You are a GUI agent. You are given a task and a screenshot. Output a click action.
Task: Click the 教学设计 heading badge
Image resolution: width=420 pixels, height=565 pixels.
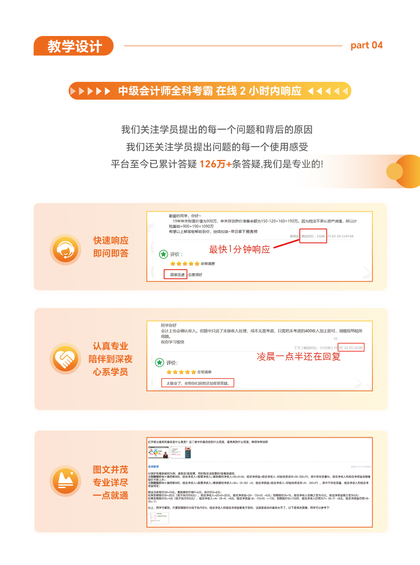[74, 46]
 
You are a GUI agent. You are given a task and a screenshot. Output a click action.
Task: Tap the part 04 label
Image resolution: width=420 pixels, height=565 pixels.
[366, 45]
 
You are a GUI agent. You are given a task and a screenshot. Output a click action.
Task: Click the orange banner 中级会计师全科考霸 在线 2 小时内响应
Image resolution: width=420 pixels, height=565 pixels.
[210, 91]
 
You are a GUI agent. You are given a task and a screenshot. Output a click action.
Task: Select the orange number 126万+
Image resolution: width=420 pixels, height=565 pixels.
[215, 164]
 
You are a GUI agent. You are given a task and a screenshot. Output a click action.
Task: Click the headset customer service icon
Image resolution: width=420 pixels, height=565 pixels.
[65, 249]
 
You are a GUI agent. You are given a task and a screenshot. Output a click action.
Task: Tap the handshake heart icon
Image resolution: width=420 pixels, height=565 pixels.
[65, 358]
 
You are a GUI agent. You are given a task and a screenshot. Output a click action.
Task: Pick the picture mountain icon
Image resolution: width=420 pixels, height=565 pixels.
[65, 481]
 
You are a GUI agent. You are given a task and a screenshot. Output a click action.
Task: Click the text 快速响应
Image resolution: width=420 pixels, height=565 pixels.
[111, 241]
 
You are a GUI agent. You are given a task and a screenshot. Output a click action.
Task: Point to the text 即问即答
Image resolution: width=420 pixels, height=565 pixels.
[111, 254]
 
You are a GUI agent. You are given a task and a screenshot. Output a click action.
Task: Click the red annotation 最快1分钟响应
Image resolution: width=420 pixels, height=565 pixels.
[239, 249]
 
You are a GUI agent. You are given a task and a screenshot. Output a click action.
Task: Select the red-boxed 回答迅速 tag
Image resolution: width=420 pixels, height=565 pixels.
[176, 274]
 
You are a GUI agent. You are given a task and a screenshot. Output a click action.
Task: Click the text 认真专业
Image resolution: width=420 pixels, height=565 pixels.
[110, 346]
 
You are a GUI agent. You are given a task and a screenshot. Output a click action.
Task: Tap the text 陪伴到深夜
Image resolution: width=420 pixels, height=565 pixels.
[110, 359]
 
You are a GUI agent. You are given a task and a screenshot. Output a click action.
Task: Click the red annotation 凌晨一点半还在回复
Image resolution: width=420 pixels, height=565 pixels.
[299, 357]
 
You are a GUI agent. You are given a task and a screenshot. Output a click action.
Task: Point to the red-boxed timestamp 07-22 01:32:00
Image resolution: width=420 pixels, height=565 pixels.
[351, 347]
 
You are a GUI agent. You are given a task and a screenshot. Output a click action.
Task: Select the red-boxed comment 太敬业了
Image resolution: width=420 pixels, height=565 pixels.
[198, 383]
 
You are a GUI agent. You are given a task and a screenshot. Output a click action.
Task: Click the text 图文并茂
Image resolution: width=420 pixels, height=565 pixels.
[110, 470]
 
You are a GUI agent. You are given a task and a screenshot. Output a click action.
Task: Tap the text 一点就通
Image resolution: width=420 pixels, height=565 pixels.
[110, 495]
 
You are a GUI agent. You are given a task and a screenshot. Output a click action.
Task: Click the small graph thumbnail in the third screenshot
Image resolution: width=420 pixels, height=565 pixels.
[158, 518]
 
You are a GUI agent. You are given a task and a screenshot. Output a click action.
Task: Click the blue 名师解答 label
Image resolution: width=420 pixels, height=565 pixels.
[154, 466]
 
